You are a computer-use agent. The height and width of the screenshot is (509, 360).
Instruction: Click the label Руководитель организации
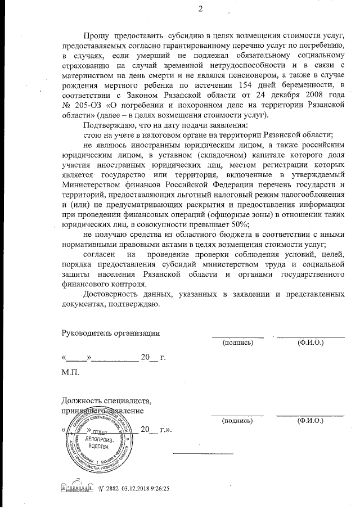coord(110,332)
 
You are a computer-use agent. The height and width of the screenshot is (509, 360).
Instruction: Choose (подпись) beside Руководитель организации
coord(237,342)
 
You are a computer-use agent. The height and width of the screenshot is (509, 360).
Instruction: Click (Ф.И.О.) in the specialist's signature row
coord(310,420)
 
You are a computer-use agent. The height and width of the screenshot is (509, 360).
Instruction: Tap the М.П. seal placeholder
coord(70,373)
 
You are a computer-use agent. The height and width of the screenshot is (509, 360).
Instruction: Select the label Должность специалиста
coord(106,401)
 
